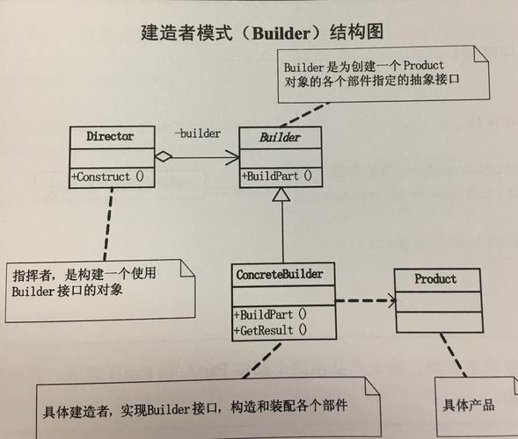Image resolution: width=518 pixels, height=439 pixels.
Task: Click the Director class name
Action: coord(110,137)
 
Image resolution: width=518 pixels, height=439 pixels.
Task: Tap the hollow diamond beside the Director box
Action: coord(163,157)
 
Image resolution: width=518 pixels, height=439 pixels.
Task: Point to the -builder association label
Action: coord(197,133)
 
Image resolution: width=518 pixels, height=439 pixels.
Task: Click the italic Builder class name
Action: coord(281,138)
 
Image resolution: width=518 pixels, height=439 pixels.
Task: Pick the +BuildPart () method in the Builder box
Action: coord(277,176)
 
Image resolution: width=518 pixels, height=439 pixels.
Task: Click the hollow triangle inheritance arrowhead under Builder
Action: coord(281,198)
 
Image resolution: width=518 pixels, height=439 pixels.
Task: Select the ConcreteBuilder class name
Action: coord(280,275)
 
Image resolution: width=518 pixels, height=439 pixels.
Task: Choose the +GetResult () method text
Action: coord(270,330)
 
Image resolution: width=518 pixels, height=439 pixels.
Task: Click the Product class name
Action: coord(436,279)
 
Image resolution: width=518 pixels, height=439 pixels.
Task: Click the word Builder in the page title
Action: coord(277,34)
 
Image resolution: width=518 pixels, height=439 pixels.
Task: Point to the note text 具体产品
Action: coord(469,405)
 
